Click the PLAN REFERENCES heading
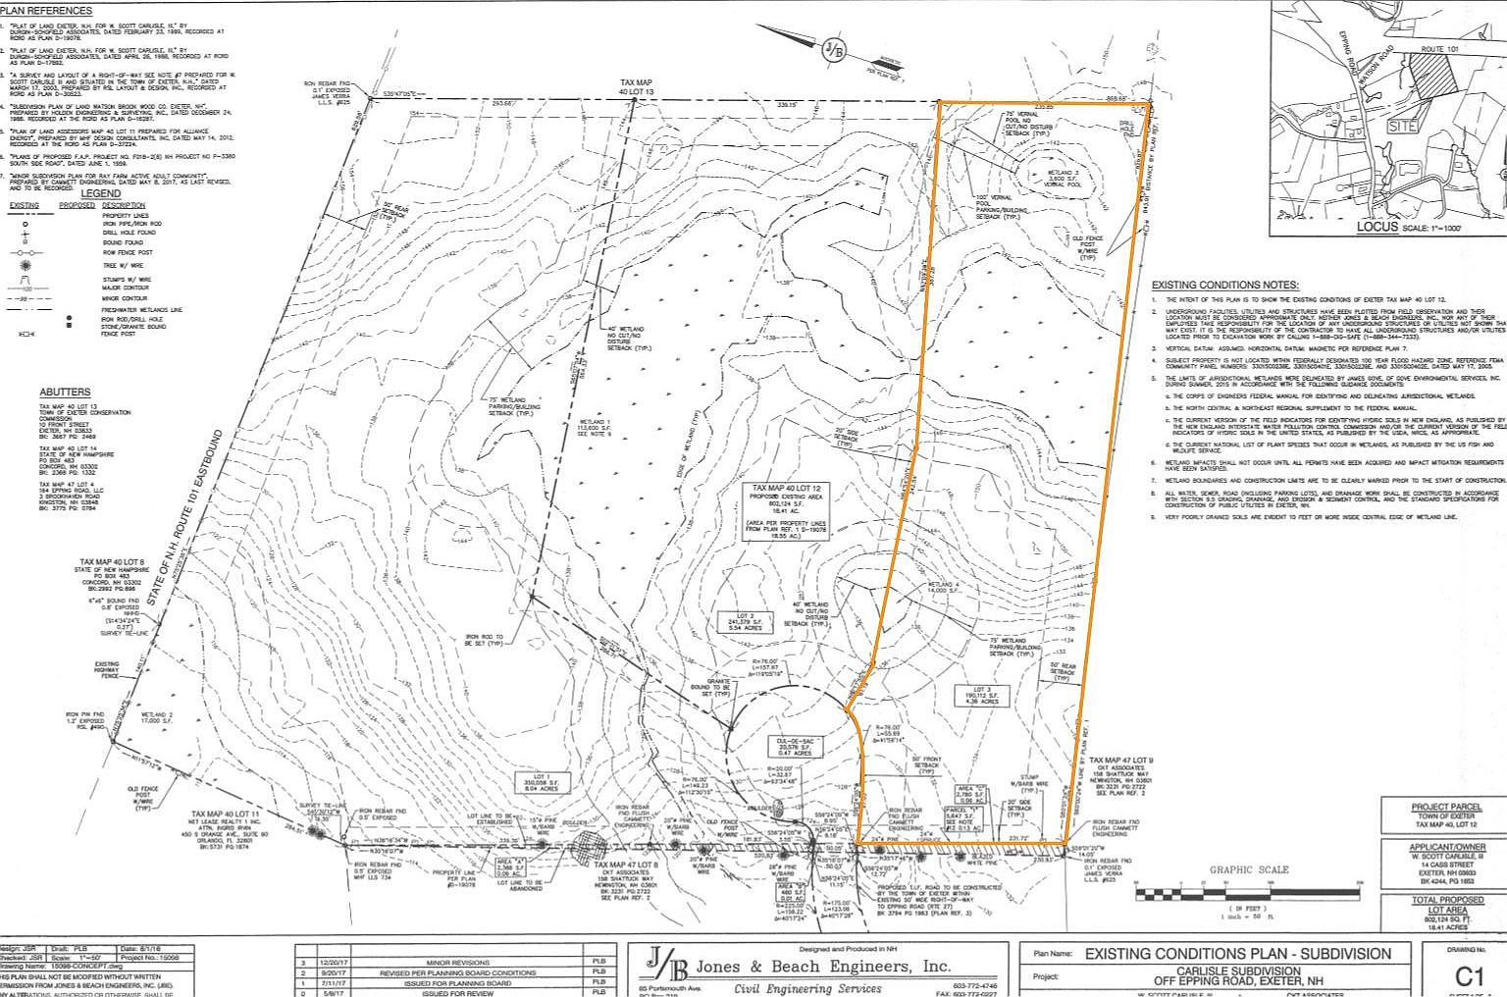coord(46,11)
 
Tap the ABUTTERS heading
coord(65,392)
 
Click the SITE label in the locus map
coord(1403,127)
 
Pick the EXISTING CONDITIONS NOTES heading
coord(1224,285)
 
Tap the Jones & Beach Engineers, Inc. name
coord(840,967)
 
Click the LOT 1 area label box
coord(543,782)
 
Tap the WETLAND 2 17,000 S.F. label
coord(157,716)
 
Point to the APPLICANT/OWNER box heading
coord(1446,847)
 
